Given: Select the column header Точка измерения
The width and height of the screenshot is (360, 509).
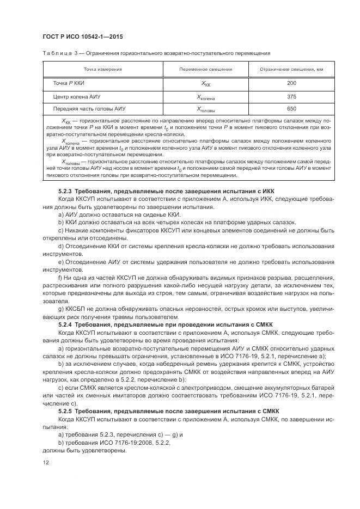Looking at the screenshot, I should tap(102, 69).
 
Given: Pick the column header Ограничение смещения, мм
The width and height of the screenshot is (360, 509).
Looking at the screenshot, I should tap(291, 69).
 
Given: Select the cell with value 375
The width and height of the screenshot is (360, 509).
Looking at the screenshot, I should tap(291, 96).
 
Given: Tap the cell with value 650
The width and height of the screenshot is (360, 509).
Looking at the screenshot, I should tap(291, 109).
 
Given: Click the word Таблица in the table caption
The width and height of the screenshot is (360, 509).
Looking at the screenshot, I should tap(54, 53).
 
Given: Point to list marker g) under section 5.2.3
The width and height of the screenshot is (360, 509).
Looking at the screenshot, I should tap(60, 308).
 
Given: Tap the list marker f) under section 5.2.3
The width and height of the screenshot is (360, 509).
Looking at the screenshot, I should tap(60, 277).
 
